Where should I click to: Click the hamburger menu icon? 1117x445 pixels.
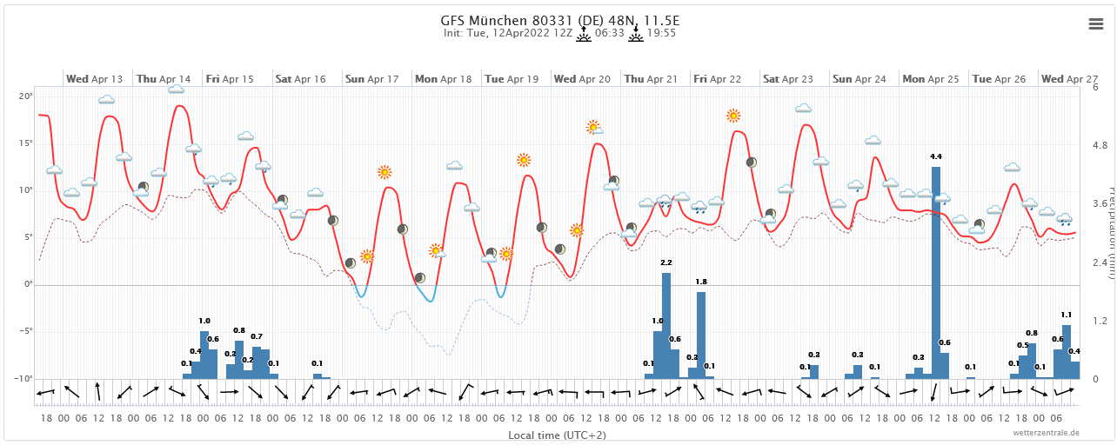1096,24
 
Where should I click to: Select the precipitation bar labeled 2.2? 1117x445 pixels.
666,325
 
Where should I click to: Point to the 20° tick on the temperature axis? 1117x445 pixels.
27,96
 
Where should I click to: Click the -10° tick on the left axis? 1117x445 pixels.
25,379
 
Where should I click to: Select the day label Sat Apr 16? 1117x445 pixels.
300,79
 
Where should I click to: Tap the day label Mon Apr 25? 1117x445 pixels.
931,79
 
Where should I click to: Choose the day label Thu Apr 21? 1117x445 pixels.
651,79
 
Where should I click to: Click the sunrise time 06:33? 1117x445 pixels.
610,33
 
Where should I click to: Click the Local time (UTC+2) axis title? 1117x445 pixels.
558,435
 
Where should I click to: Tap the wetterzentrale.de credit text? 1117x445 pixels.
1046,432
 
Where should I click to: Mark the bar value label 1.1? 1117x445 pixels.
1066,315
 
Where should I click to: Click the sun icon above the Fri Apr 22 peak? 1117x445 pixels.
733,116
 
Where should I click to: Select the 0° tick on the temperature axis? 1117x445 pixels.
28,285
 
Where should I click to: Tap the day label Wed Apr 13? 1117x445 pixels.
95,79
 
